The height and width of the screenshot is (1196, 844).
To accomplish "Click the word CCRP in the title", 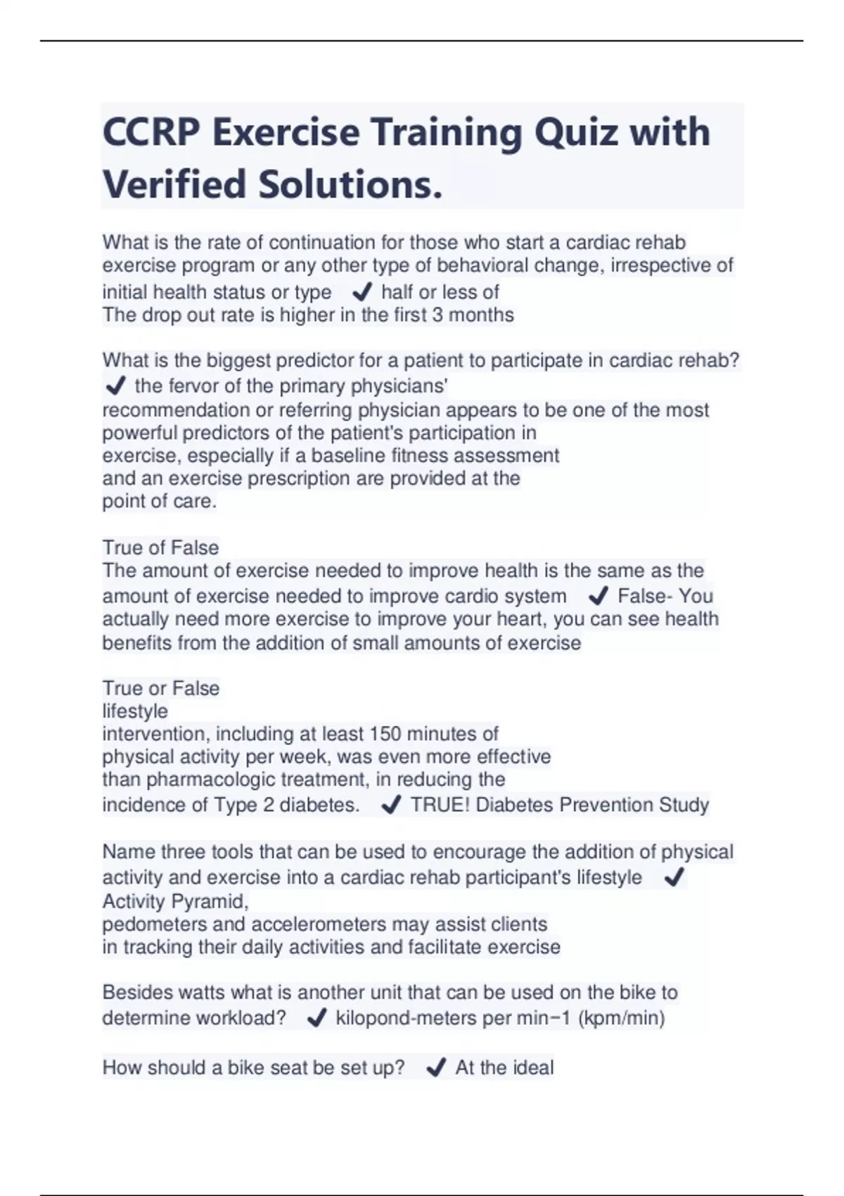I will (150, 132).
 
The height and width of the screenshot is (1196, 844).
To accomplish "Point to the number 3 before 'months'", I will (437, 314).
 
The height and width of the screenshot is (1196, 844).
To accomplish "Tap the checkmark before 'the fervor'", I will (114, 386).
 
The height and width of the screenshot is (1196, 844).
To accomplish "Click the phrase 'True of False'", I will (160, 547).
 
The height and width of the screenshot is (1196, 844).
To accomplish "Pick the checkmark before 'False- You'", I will (598, 596).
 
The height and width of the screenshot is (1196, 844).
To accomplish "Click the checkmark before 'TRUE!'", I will (390, 805).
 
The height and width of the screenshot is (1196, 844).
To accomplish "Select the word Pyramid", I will (210, 901).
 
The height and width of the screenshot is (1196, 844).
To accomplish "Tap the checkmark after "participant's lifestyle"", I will (674, 877).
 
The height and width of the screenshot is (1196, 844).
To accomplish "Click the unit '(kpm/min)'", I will (621, 1018).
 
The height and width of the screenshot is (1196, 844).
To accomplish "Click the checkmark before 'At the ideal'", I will (435, 1068).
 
